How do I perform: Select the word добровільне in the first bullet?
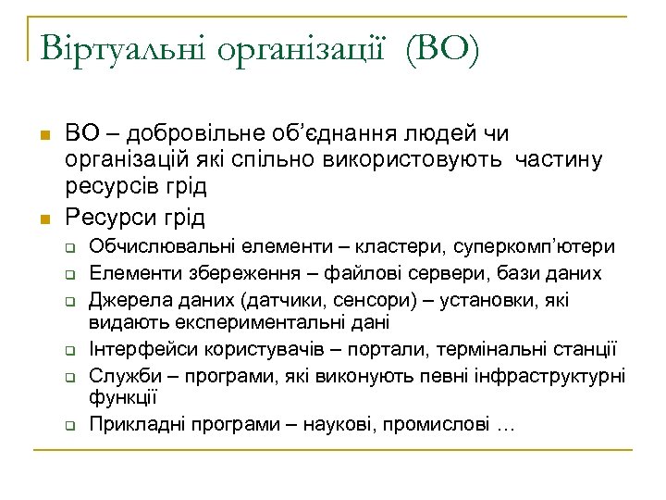coord(186,135)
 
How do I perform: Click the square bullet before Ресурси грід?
coord(42,219)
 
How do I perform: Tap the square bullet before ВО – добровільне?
coord(42,137)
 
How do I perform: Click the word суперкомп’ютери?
coord(541,247)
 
